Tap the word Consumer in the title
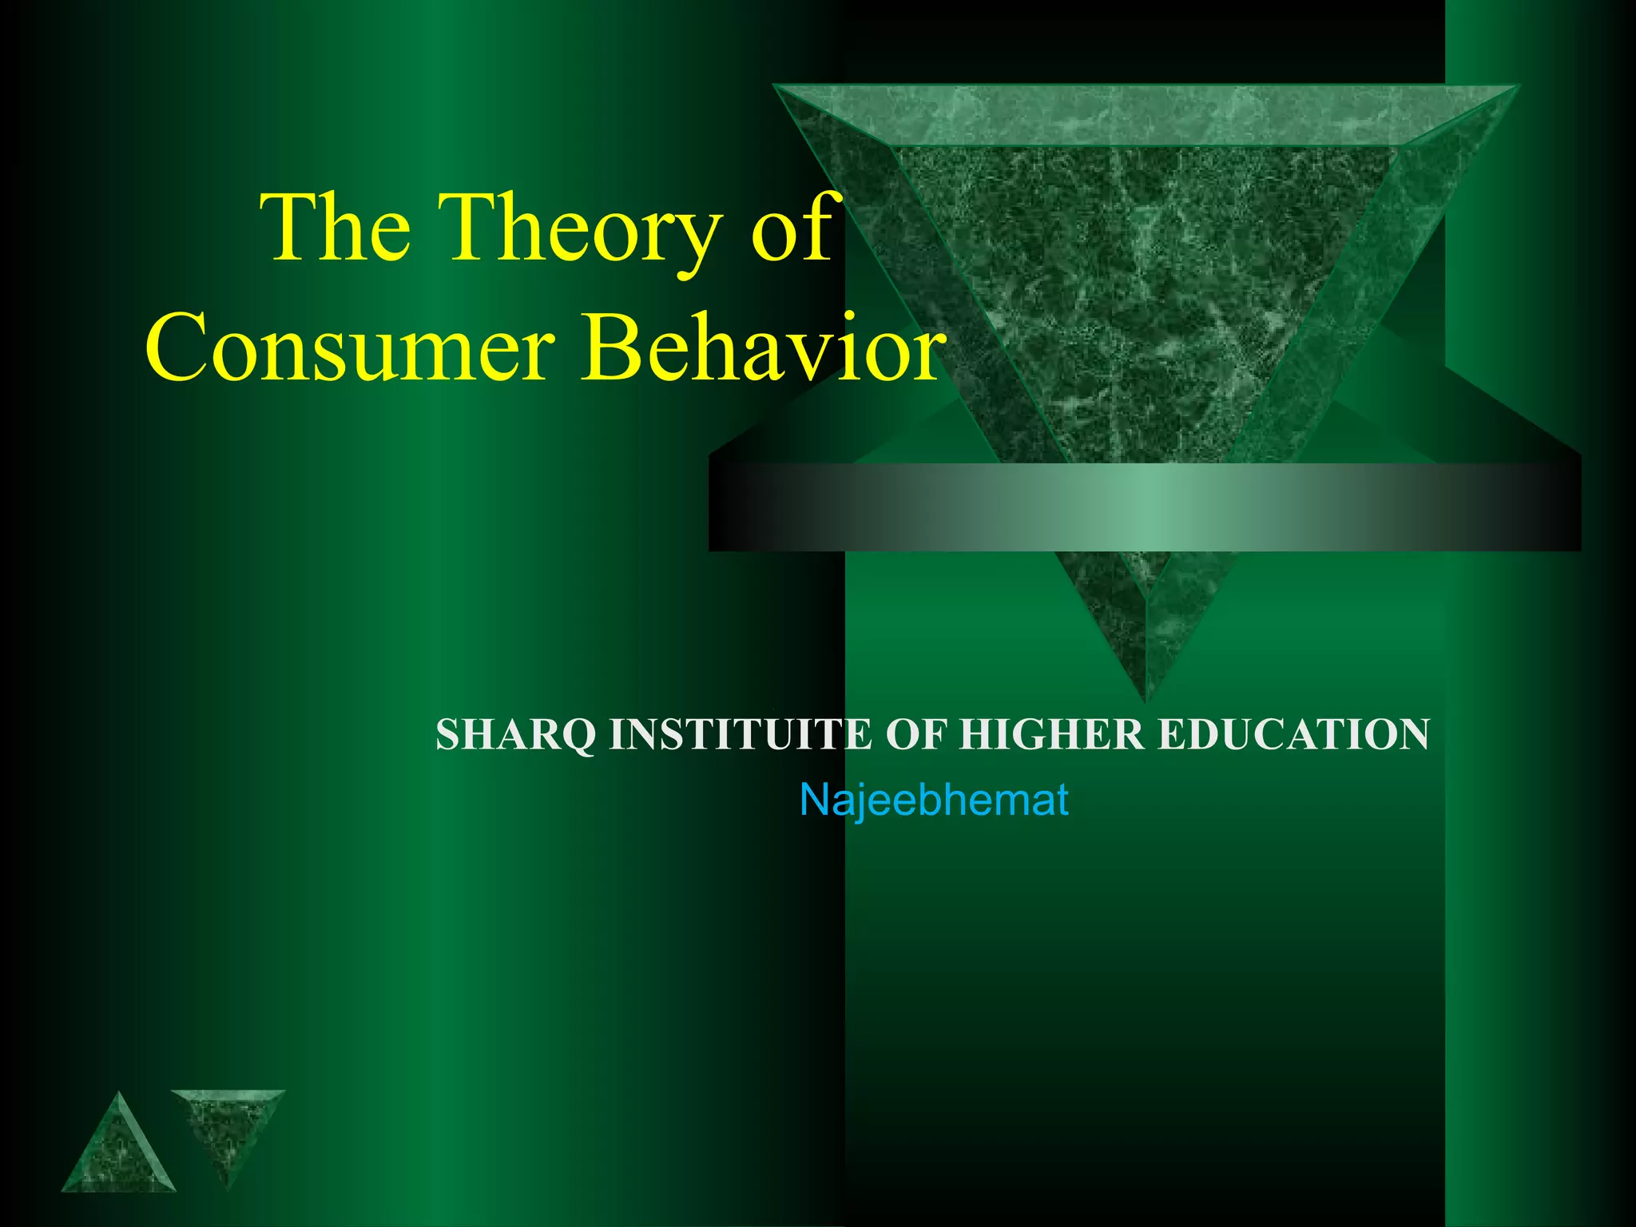(350, 348)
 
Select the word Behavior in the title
(763, 348)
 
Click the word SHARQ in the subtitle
(516, 735)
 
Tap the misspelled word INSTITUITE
(740, 735)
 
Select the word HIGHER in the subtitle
(1051, 735)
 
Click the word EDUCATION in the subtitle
(1293, 735)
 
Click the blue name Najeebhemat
(934, 800)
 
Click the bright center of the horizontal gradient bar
(1144, 506)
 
